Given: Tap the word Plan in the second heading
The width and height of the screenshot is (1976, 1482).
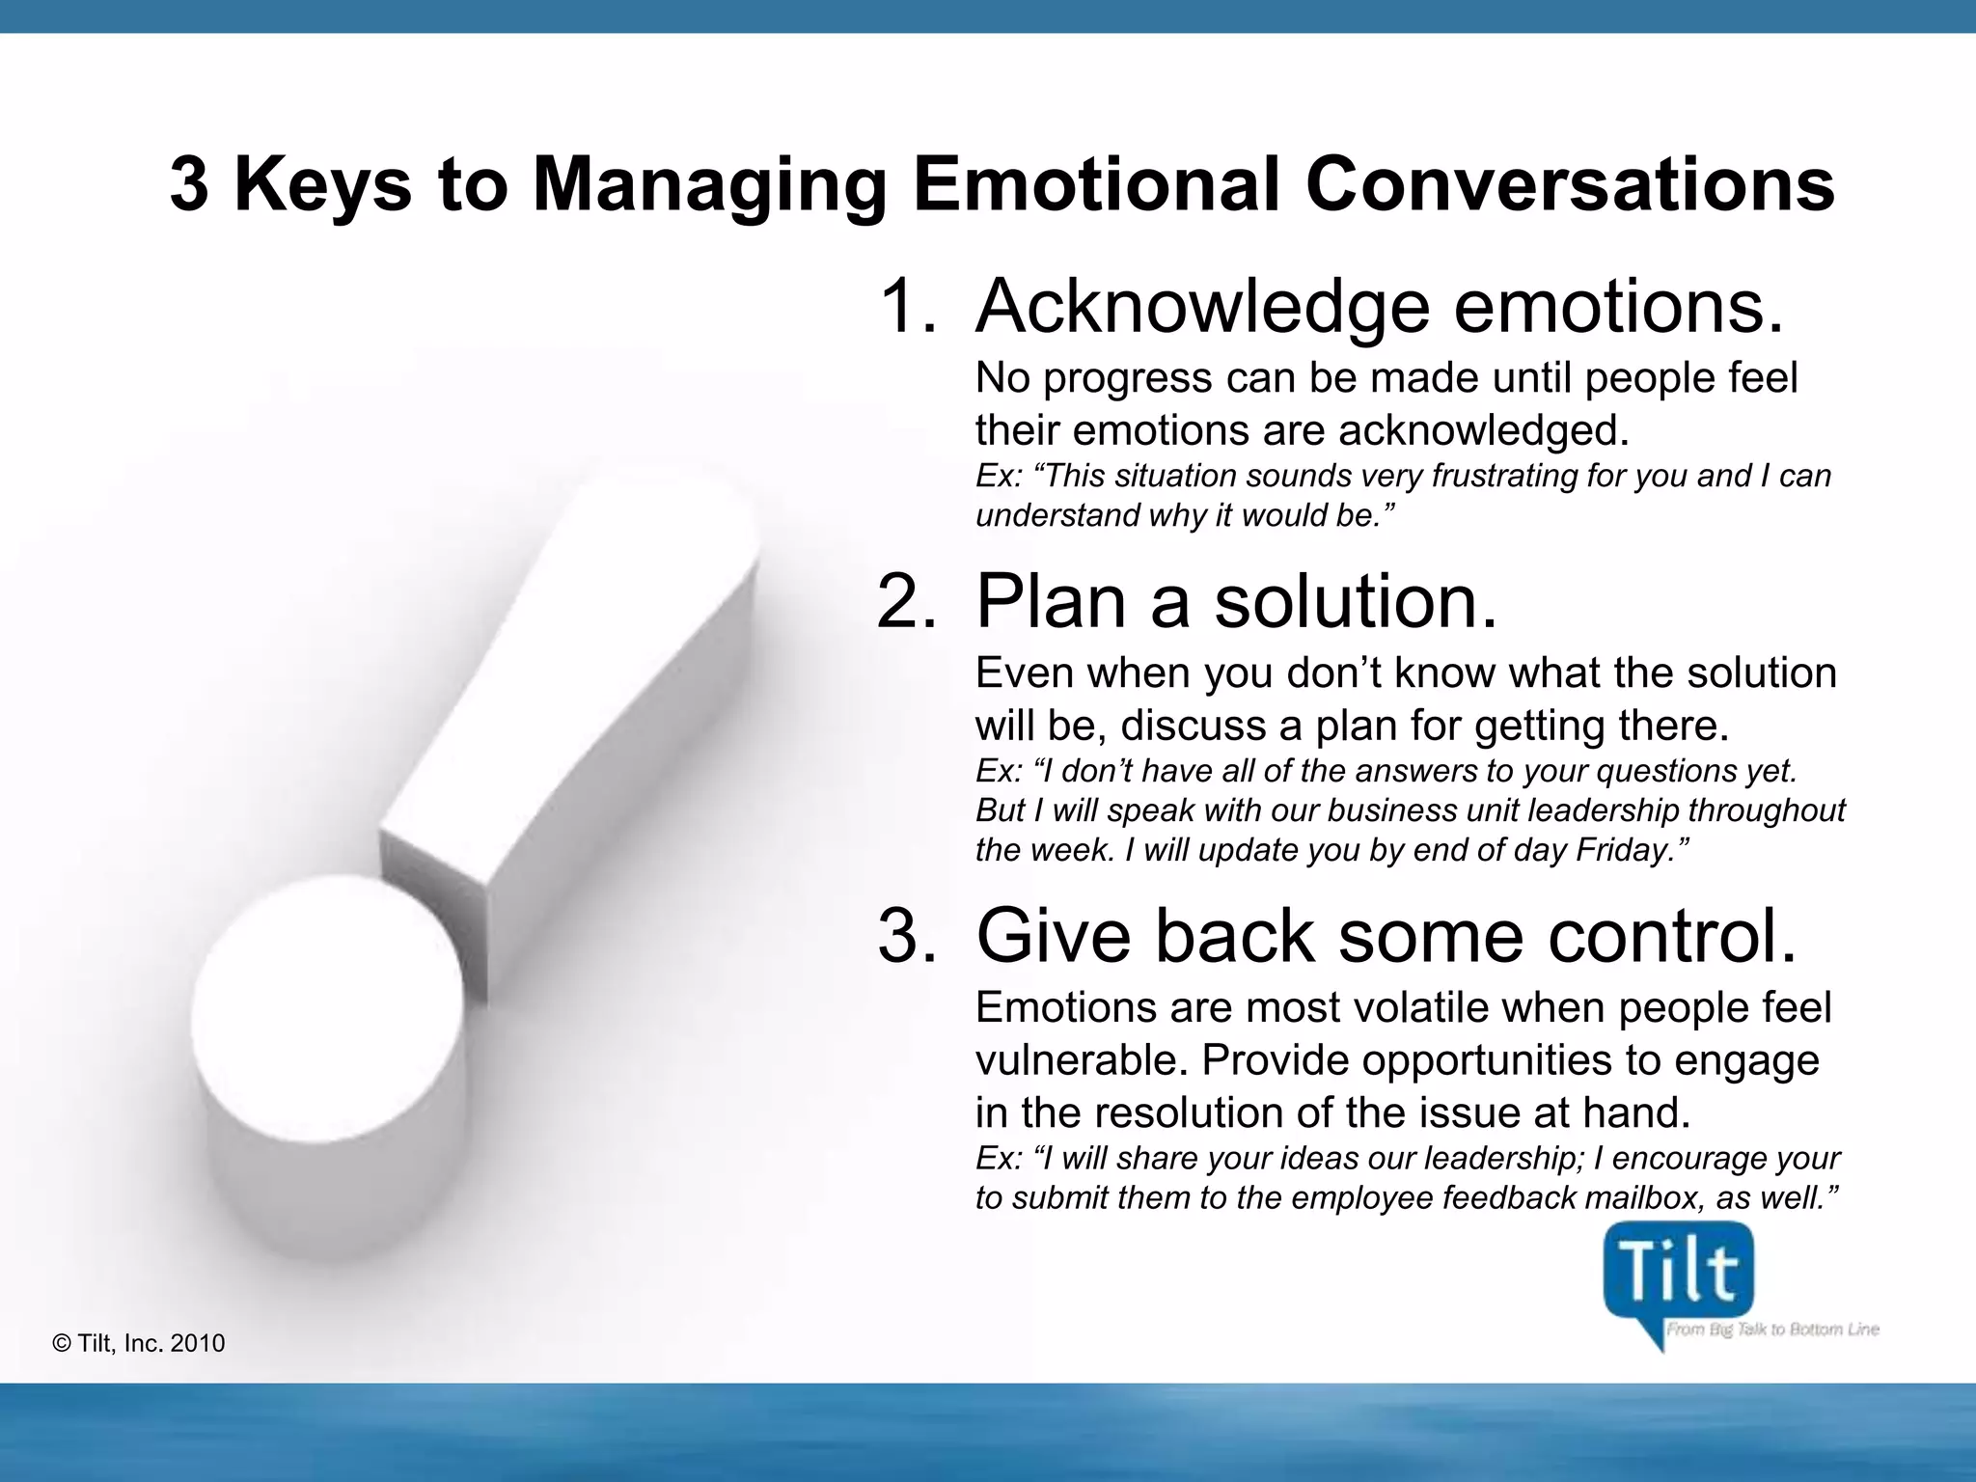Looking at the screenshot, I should coord(1050,601).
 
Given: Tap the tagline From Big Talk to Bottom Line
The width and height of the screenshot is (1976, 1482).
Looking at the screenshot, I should coord(1772,1330).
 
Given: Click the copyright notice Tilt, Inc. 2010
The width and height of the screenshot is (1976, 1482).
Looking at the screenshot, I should coord(140,1343).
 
